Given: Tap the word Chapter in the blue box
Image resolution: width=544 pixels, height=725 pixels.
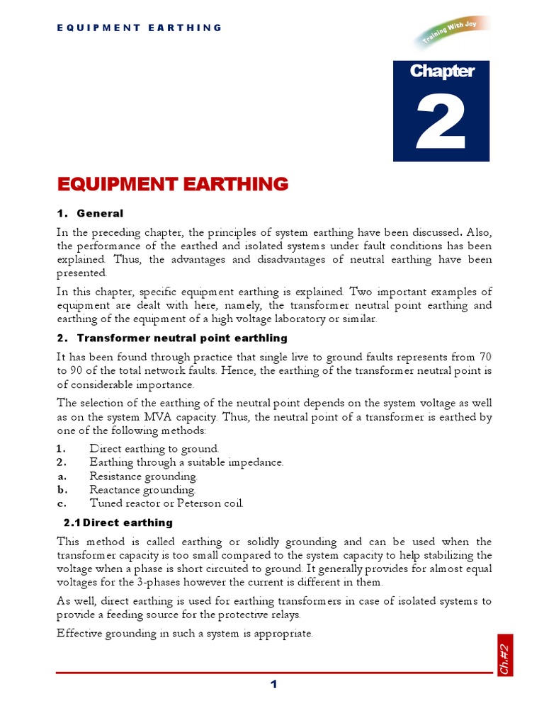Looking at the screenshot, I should click(x=441, y=71).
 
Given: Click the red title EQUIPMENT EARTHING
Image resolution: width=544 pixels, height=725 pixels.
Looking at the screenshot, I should click(x=173, y=184).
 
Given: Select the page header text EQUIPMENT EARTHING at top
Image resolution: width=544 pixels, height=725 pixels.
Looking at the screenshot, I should click(x=139, y=28).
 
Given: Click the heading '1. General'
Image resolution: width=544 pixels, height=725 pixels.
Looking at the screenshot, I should click(x=90, y=213).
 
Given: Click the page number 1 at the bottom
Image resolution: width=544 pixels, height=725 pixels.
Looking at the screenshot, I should click(x=273, y=684).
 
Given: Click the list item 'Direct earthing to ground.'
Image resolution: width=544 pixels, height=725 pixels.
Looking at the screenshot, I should click(x=154, y=448).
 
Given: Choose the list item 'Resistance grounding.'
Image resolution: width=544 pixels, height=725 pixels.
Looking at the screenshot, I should click(x=143, y=476).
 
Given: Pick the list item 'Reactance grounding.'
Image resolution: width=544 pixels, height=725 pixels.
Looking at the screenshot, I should click(x=142, y=489).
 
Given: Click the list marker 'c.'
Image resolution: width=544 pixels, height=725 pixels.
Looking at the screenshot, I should click(x=62, y=503).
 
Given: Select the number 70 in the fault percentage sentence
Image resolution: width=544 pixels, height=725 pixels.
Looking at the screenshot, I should click(x=485, y=356).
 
